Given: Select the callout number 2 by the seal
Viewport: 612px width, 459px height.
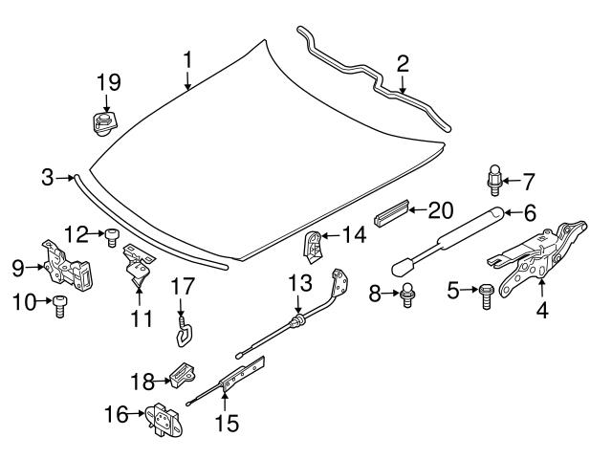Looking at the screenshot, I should tap(403, 64).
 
